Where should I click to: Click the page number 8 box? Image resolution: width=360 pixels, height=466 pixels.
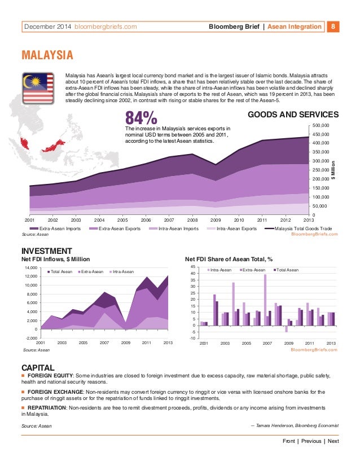(x=333, y=26)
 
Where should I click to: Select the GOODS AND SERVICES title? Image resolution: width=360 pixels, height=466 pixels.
(x=293, y=115)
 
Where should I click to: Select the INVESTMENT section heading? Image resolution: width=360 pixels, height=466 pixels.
(x=46, y=251)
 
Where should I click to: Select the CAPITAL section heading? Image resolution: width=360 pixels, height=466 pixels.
(x=38, y=366)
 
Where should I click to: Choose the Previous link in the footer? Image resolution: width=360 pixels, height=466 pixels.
(x=311, y=441)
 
